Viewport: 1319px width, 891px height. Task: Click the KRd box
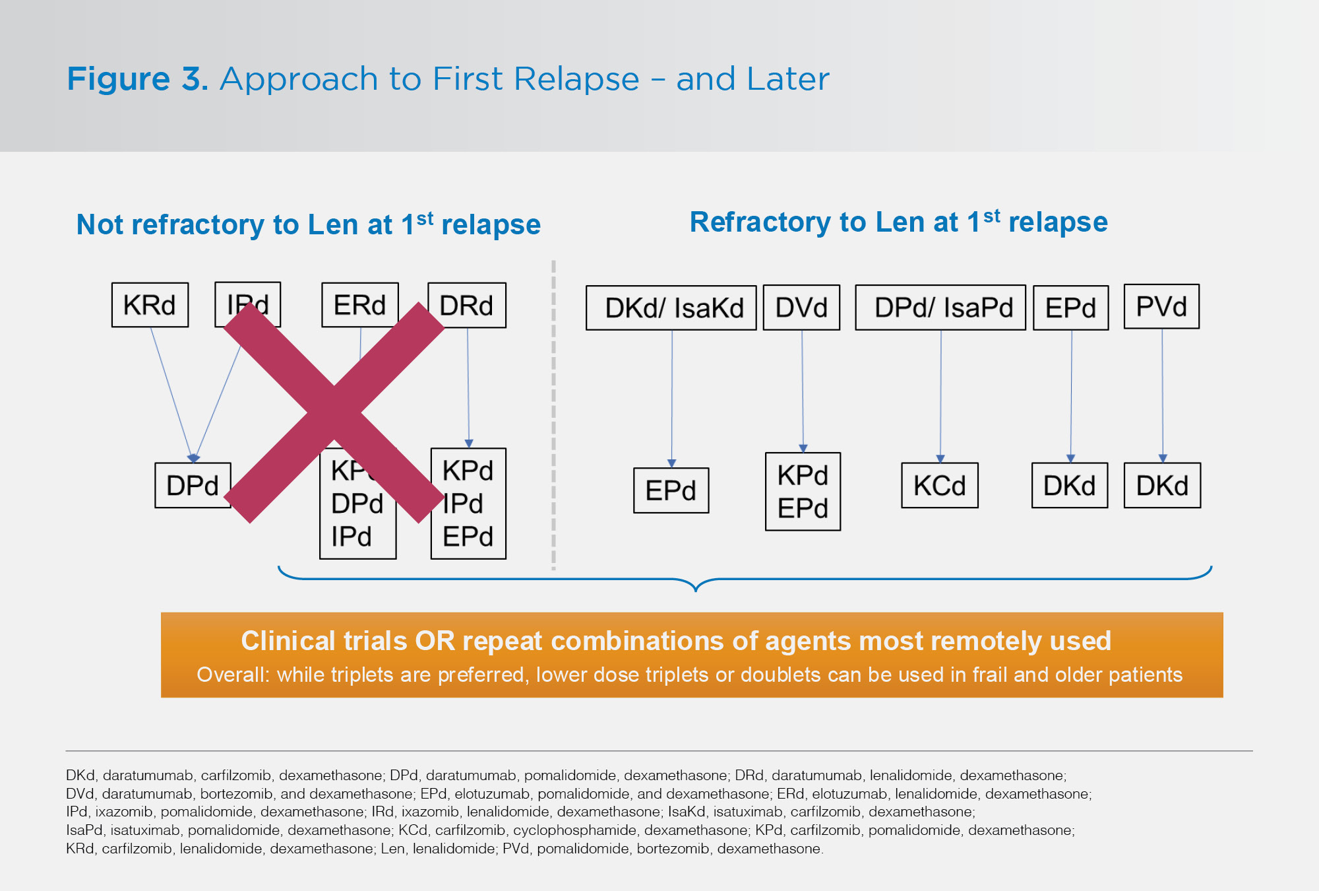pos(150,305)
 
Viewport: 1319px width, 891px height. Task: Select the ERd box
pos(359,305)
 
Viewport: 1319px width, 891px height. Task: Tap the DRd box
pos(467,305)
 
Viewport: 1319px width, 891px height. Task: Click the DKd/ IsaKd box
pos(671,308)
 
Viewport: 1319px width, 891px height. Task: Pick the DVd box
pos(801,308)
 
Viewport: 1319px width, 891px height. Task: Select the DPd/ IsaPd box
pos(940,308)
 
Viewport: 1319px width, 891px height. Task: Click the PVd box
pos(1161,306)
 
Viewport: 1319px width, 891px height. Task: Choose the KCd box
pos(939,485)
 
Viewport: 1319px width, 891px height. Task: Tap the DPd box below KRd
pos(193,485)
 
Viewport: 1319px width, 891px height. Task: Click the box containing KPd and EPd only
pos(803,492)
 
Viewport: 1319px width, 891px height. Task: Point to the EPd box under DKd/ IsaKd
pos(671,490)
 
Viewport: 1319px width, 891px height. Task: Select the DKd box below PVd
pos(1162,485)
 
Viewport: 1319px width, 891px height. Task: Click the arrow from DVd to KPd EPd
pos(803,389)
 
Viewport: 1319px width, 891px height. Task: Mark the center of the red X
pos(334,412)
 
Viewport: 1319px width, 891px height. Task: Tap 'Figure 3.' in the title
pos(137,79)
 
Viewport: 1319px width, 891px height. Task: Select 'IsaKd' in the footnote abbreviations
pos(685,812)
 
